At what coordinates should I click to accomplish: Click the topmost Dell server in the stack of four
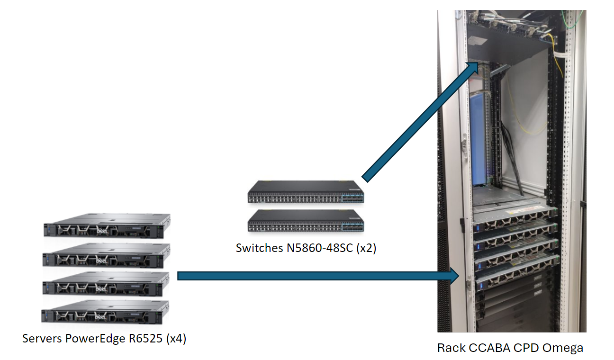[106, 227]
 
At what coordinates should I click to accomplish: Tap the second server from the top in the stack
[106, 256]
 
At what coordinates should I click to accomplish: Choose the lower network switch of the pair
[306, 221]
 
